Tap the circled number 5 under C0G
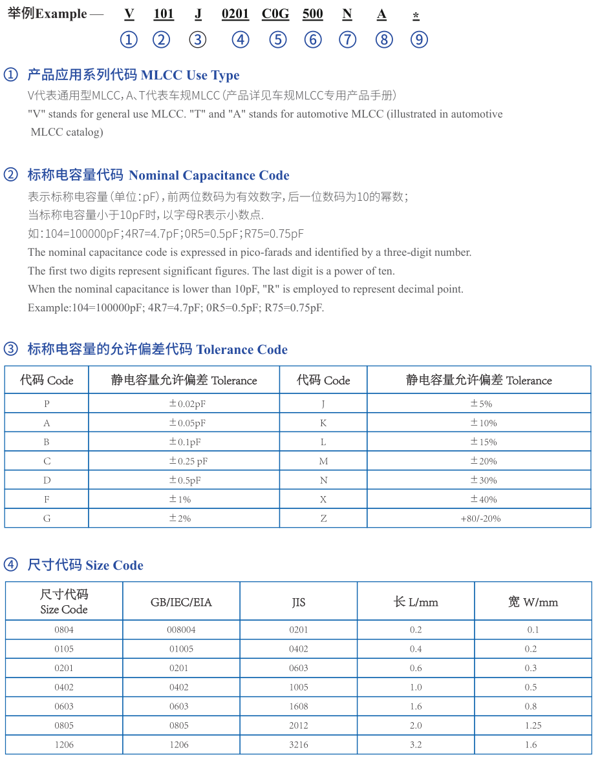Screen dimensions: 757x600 tap(278, 40)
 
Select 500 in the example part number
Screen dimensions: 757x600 tap(313, 14)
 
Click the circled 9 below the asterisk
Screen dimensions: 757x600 tap(419, 40)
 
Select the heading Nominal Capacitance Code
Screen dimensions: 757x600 tap(209, 175)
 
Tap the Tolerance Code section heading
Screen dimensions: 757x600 tap(242, 349)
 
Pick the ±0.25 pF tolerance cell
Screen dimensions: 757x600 tap(187, 461)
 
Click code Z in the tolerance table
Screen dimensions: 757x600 tap(323, 519)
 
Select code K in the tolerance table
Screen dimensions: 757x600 tap(323, 423)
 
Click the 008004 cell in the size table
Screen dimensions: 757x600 tap(181, 630)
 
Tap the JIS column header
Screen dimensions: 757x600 tap(298, 602)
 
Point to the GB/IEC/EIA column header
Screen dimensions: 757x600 tap(181, 602)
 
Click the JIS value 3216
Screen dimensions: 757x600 tap(298, 745)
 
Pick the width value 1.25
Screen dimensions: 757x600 tap(533, 725)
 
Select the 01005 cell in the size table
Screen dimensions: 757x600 tap(181, 649)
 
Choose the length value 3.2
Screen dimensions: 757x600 tap(415, 745)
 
